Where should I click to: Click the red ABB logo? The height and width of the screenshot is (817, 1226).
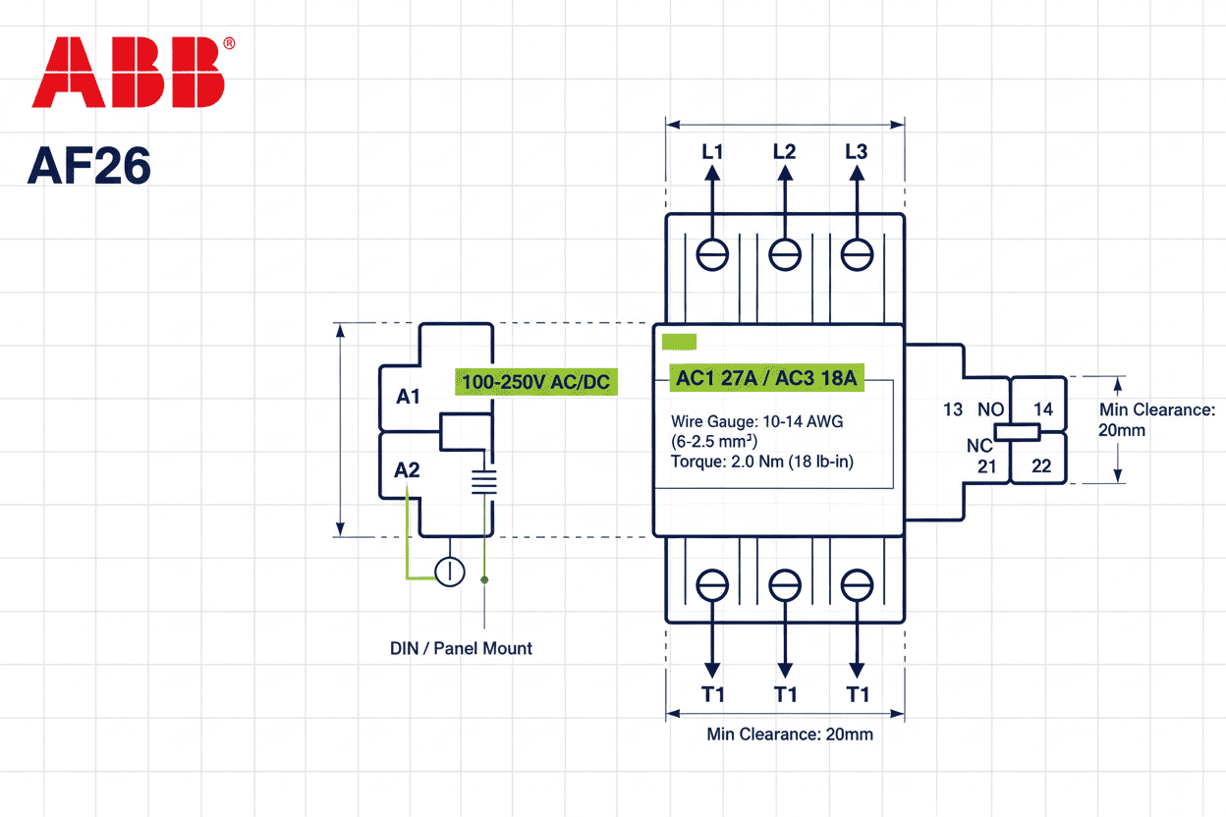point(129,73)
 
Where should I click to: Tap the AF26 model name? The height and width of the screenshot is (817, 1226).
point(89,166)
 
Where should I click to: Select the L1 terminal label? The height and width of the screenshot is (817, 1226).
point(712,152)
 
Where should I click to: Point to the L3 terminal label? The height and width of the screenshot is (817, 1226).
point(856,152)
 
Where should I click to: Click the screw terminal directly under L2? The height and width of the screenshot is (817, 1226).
point(784,254)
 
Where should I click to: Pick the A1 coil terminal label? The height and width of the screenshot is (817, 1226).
point(409,397)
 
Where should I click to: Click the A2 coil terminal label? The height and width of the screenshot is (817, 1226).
point(407,470)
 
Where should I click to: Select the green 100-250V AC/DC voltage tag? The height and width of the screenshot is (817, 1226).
point(536,381)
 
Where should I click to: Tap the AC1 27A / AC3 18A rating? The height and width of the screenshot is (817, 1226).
point(766,378)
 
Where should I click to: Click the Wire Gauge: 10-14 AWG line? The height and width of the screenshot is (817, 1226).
point(756,421)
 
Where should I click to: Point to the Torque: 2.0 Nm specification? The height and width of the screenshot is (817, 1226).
point(762,461)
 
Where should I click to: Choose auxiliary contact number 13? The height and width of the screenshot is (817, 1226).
point(953,409)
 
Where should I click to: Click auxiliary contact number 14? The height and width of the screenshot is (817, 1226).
point(1042,409)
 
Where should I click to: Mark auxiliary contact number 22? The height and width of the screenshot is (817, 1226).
point(1041,466)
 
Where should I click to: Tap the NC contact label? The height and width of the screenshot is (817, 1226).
point(979,446)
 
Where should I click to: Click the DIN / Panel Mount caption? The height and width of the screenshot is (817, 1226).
point(461,648)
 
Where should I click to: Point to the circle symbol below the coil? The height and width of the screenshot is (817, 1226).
point(450,572)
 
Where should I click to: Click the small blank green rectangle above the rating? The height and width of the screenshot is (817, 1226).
point(679,342)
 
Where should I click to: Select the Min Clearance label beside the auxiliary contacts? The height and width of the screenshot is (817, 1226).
point(1157,419)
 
